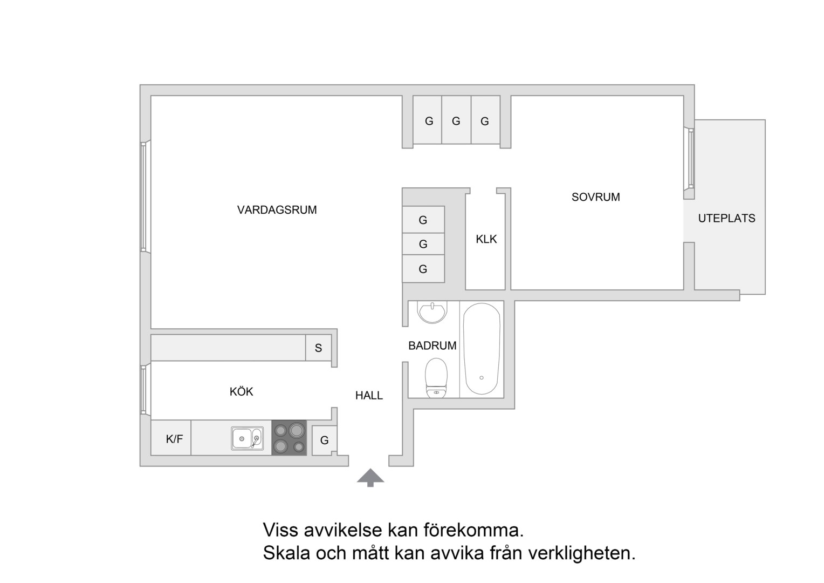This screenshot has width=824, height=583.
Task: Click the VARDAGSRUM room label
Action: (277, 210)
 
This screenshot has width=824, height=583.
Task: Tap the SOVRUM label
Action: (595, 197)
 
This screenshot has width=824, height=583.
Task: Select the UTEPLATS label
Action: (726, 219)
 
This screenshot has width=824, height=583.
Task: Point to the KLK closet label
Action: (486, 239)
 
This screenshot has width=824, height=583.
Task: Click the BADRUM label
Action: (432, 345)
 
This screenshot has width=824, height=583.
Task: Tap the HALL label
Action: (369, 396)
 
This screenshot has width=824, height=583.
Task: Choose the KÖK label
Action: (241, 391)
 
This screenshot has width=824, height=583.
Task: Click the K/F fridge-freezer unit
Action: (171, 438)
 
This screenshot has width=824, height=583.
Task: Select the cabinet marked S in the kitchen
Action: (318, 348)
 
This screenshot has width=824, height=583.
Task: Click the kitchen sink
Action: (247, 438)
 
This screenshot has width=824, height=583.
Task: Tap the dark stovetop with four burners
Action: (289, 438)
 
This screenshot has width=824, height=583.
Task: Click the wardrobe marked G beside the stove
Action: (324, 440)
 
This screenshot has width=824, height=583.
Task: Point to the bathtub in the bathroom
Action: (482, 349)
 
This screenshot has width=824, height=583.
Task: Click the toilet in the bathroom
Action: (436, 378)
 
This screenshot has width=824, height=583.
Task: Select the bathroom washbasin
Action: (432, 312)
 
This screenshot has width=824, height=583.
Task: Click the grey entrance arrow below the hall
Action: (370, 478)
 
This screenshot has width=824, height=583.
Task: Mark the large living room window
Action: (145, 196)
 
